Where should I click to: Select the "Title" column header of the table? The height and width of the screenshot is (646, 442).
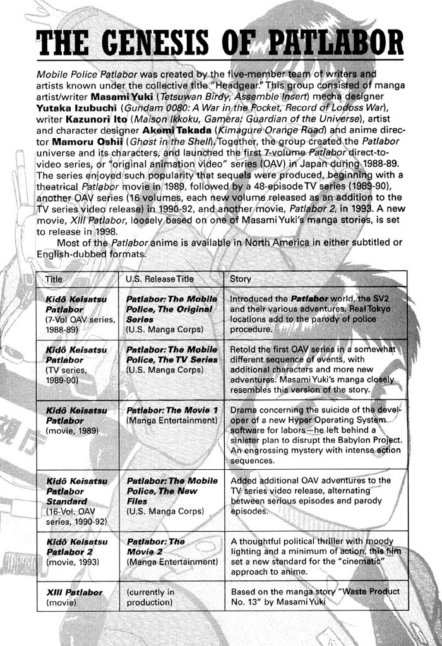[x=55, y=278]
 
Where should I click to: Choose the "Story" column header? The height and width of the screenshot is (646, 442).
[x=241, y=278]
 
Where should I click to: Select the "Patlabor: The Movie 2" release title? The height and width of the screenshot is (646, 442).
[x=156, y=546]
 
